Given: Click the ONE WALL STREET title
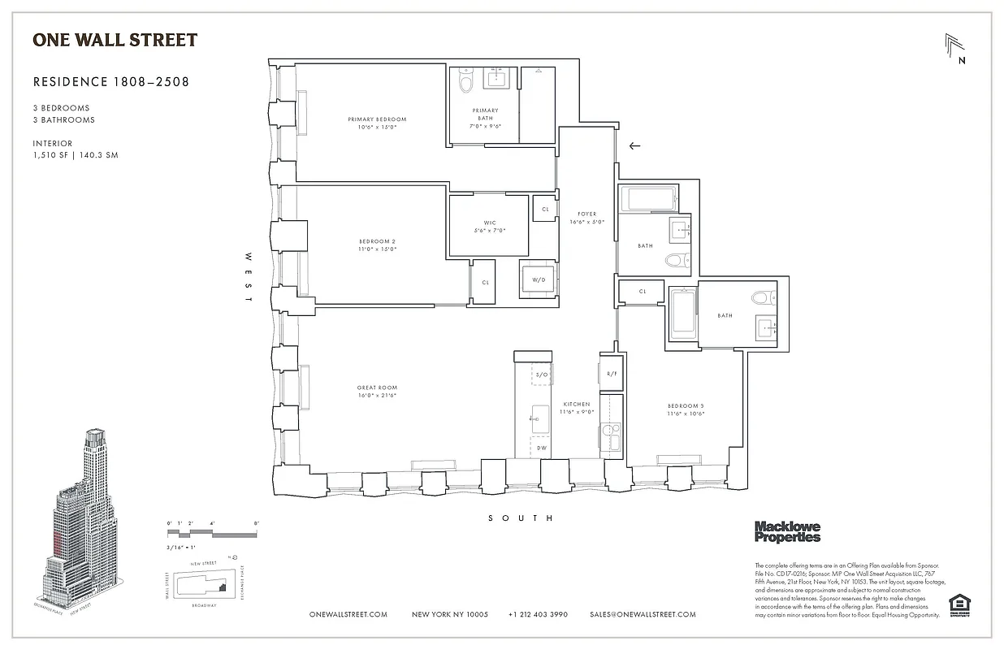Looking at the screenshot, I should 115,40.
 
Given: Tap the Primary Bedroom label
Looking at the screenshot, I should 377,119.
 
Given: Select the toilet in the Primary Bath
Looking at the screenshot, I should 466,81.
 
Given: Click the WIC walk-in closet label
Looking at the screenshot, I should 489,223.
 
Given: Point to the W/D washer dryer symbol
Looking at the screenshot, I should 538,279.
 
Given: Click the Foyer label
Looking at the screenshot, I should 586,214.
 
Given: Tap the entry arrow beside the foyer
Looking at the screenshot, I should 634,146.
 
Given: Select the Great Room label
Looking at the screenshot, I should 377,388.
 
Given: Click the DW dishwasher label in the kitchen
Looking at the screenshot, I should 541,447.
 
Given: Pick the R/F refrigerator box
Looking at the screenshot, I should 611,374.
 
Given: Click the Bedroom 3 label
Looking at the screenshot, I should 686,405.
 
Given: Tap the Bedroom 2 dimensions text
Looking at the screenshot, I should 377,249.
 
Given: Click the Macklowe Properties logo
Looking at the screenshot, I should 787,531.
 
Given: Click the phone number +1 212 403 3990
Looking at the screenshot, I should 538,615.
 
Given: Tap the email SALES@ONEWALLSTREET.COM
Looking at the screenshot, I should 643,615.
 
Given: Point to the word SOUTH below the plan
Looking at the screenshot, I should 521,518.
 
